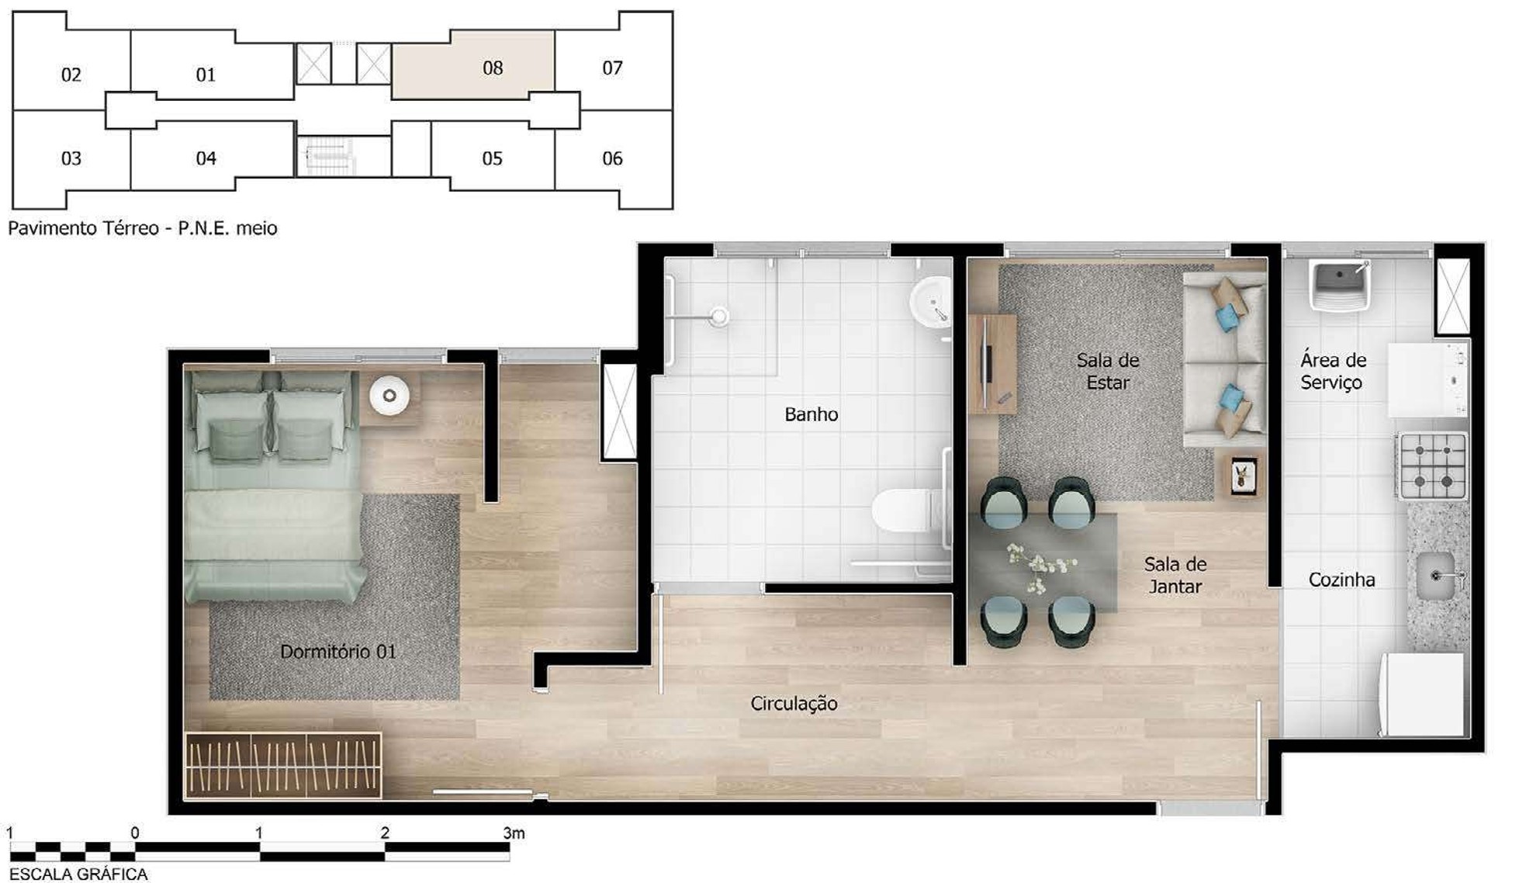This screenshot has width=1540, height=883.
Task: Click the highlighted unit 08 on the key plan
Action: click(x=473, y=66)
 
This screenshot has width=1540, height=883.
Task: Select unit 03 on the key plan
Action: click(x=71, y=159)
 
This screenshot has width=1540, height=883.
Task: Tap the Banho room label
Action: click(x=811, y=414)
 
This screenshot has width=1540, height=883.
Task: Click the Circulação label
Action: click(x=794, y=704)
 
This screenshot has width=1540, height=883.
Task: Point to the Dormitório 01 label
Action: click(x=337, y=652)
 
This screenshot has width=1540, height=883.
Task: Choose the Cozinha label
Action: click(x=1341, y=580)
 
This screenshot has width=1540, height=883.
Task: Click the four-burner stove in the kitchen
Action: click(x=1432, y=466)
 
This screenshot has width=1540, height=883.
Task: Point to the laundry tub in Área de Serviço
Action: click(x=1340, y=285)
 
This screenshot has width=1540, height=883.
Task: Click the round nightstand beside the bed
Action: click(x=389, y=396)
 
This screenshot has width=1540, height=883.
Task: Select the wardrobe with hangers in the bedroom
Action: click(x=283, y=765)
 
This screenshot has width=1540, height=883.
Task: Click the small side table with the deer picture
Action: click(x=1244, y=475)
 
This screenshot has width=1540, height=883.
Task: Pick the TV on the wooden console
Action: click(x=986, y=363)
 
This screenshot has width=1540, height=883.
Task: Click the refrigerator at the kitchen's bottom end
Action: click(x=1421, y=694)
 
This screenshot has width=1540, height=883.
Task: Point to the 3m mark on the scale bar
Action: click(x=513, y=833)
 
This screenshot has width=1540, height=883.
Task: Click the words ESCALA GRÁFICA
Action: click(x=78, y=874)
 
